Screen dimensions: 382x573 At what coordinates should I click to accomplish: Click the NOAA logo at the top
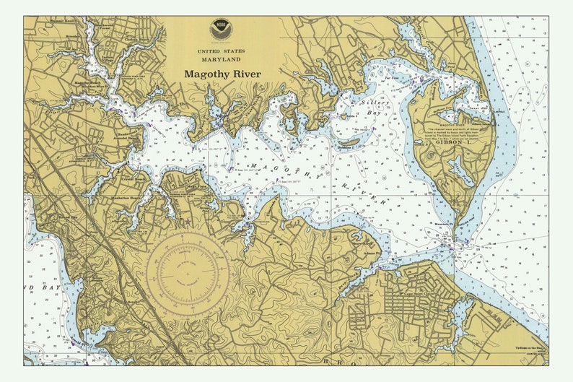coord(221,29)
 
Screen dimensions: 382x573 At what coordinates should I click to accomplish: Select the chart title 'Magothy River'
coord(222,74)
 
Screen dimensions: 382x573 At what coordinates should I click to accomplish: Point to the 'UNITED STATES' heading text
coord(221,51)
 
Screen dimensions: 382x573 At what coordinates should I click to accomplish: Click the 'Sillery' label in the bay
coord(375,103)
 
